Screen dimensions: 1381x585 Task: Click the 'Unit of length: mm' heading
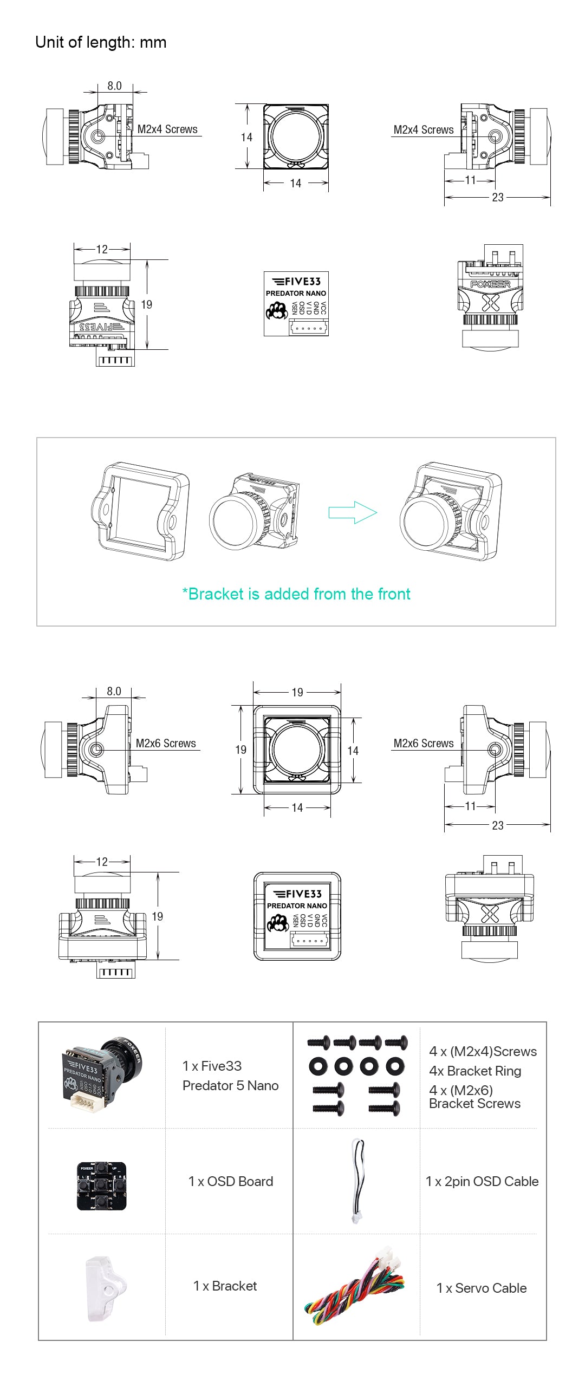(101, 42)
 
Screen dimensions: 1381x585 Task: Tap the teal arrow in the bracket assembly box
(352, 512)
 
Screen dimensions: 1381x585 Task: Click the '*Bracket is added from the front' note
(296, 594)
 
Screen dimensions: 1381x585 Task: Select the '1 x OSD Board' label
(230, 1181)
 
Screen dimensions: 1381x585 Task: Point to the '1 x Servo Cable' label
(482, 1288)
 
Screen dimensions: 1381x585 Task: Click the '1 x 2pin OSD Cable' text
(482, 1181)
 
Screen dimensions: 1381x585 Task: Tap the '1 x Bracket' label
(225, 1286)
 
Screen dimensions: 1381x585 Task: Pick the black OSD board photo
(101, 1185)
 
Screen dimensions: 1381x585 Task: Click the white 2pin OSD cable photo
(357, 1181)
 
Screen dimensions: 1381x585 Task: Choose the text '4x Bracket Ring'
(475, 1071)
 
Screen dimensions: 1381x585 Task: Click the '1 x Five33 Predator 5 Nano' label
(230, 1076)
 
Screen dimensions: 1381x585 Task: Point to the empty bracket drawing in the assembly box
(141, 511)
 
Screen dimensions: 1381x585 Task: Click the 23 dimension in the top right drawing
(497, 198)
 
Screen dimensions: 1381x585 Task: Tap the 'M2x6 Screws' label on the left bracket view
(166, 743)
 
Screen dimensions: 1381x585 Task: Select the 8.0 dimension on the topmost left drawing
(114, 86)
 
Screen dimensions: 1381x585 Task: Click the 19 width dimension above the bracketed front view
(297, 692)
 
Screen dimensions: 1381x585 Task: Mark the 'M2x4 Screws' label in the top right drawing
(424, 130)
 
